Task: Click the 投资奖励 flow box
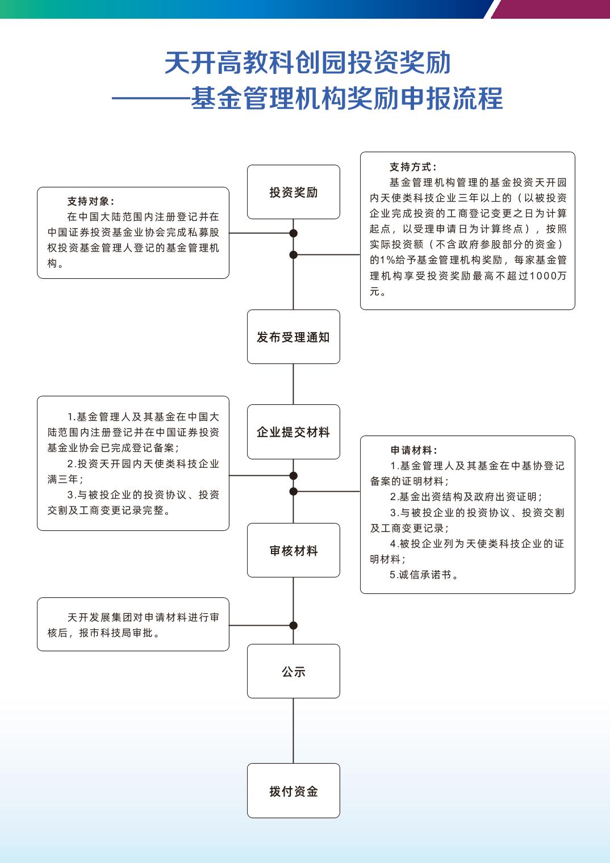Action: click(293, 192)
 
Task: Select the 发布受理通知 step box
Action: click(293, 337)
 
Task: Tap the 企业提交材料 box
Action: click(293, 431)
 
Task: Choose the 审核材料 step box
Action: click(293, 550)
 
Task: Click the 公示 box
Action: click(293, 671)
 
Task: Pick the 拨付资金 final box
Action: click(293, 790)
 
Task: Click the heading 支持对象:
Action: click(91, 202)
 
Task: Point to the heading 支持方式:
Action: click(413, 167)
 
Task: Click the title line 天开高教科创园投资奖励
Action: click(307, 62)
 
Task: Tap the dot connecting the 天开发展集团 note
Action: click(293, 626)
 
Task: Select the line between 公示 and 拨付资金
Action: click(293, 731)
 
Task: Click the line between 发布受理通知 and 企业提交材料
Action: click(293, 384)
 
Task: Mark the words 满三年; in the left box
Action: click(65, 479)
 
